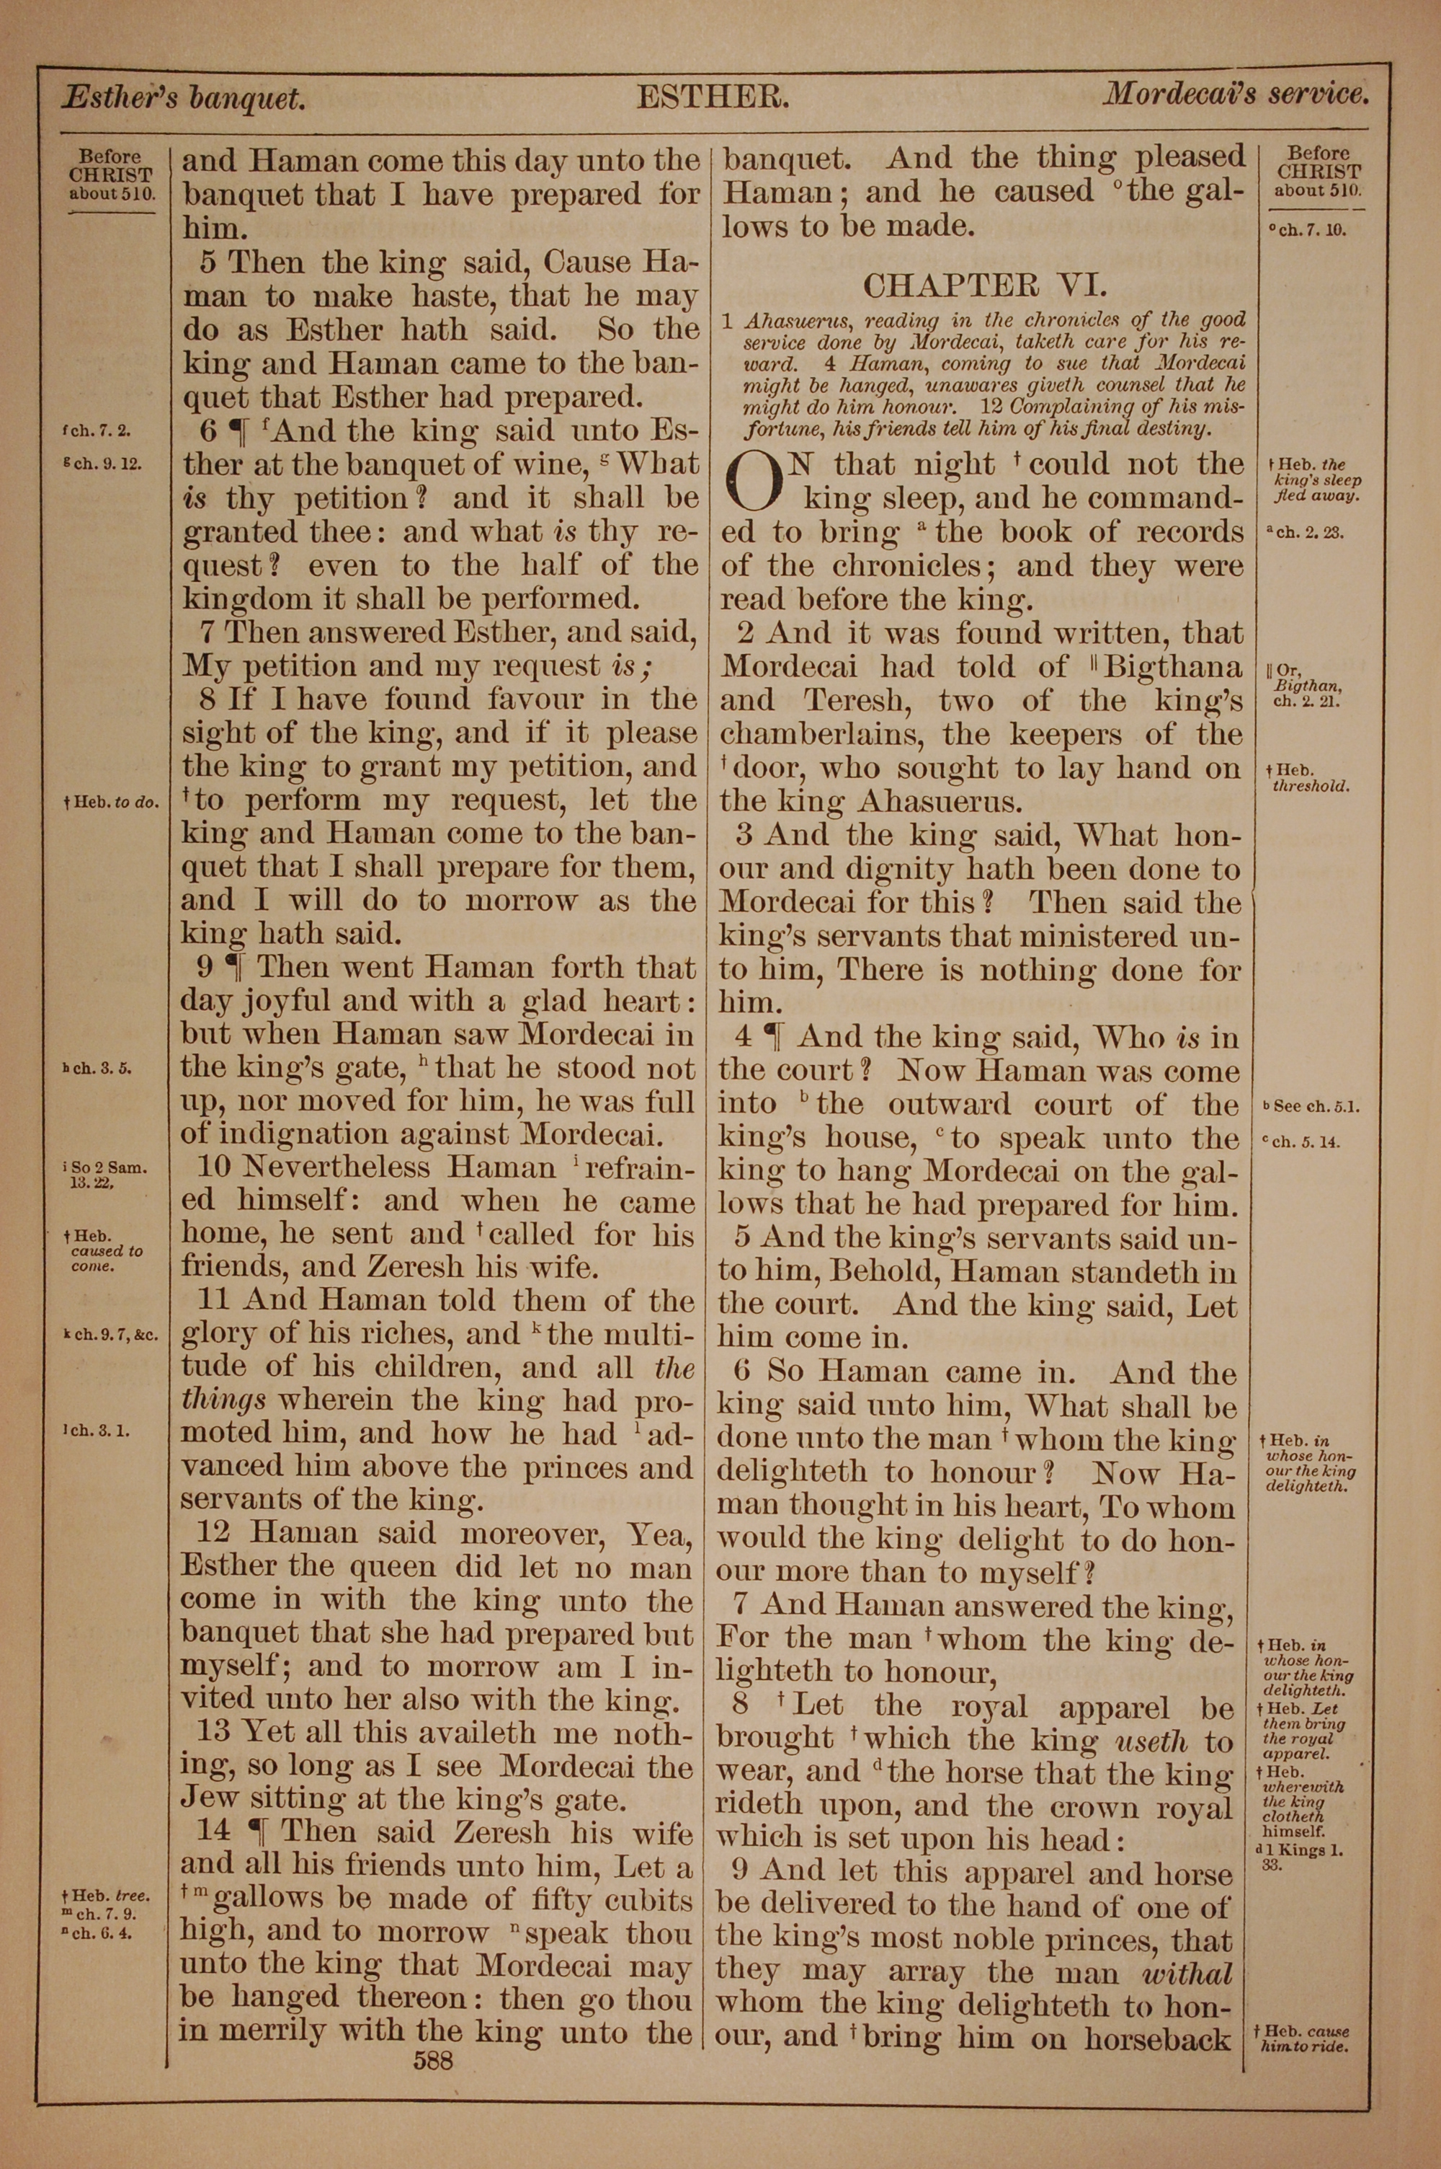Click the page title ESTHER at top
(713, 97)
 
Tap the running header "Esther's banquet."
(183, 97)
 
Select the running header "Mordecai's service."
(1237, 94)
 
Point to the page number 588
(433, 2059)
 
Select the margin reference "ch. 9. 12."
(102, 464)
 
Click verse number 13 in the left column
(213, 1732)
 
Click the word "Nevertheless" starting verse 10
(314, 1167)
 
